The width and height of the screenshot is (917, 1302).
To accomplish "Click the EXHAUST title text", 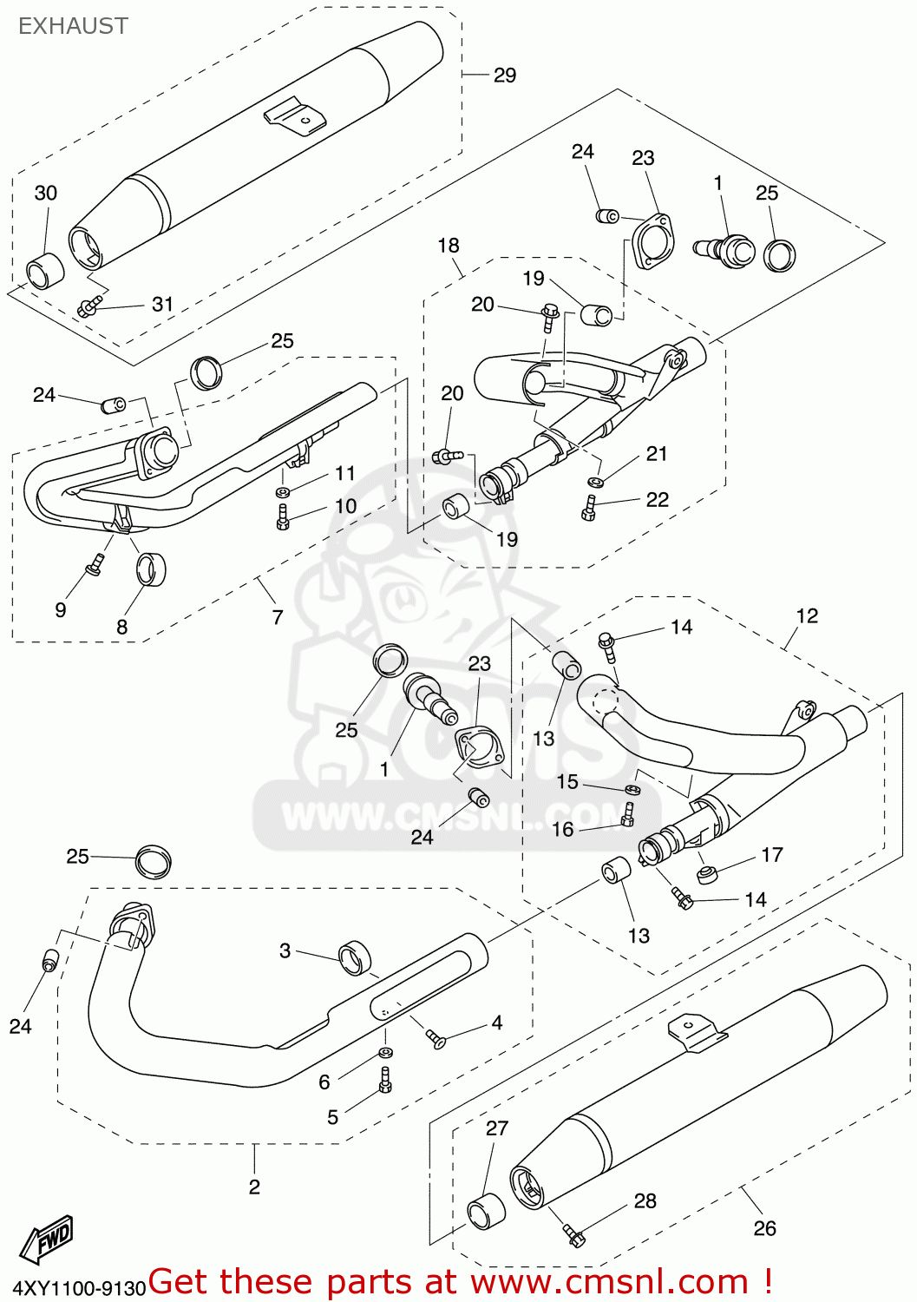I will click(73, 26).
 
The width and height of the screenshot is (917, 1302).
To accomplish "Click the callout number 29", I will click(505, 76).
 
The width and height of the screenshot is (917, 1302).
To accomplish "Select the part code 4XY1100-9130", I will click(78, 1289).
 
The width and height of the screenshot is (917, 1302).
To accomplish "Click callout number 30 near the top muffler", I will click(46, 193).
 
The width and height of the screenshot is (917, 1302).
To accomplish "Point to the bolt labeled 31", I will click(90, 306).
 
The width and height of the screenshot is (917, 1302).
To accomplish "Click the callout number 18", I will click(448, 246).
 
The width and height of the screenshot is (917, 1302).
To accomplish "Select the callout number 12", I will click(807, 615).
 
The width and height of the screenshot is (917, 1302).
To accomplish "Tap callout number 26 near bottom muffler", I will click(764, 1228).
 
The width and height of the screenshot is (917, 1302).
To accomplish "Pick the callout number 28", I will click(645, 1200).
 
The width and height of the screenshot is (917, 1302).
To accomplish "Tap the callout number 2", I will click(254, 1187).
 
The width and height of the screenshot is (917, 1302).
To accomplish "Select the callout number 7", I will click(278, 617).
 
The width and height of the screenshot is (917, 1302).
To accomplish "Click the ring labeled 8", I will click(151, 569).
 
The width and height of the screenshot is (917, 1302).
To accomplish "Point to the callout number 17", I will click(772, 855).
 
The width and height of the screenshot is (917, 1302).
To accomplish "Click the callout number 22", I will click(658, 499).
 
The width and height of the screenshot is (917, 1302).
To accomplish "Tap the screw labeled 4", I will click(435, 1037).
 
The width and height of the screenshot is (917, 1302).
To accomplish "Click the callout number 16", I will click(563, 830).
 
